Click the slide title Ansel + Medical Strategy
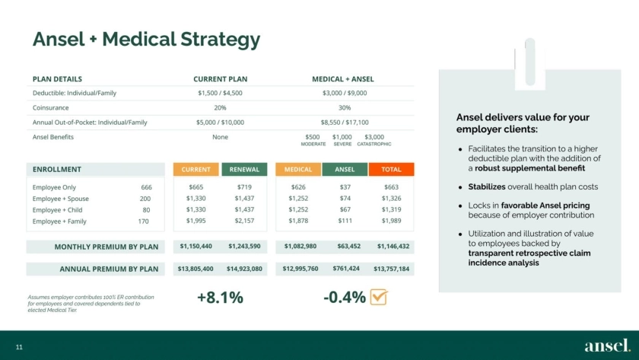point(146,40)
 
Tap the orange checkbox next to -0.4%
point(378,297)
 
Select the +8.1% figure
point(220,298)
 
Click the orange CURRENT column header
point(196,170)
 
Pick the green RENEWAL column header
point(244,170)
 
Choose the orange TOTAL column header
point(391,170)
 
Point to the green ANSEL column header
point(345,170)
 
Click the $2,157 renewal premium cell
point(244,221)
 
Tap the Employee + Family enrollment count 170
point(144,221)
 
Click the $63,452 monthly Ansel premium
point(346,246)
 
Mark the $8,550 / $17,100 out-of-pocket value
point(344,122)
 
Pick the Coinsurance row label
point(51,107)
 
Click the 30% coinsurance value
point(344,107)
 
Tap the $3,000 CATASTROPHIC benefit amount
point(374,136)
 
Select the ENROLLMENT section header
point(57,169)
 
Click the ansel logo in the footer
point(607,346)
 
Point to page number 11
point(19,347)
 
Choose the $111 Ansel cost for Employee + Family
point(345,221)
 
